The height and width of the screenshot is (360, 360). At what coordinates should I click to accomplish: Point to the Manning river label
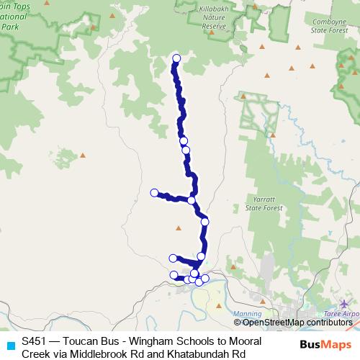tap(248, 314)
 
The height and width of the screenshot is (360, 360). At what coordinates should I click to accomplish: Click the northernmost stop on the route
tap(176, 60)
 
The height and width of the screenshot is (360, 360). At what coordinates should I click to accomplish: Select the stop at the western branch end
tap(154, 192)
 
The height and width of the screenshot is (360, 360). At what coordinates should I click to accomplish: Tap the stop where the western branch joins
tap(192, 200)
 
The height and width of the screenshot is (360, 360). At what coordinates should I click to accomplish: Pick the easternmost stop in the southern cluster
tap(205, 278)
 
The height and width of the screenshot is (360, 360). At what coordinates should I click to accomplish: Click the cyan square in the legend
tap(9, 344)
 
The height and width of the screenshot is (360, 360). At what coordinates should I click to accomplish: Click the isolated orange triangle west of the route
tap(83, 154)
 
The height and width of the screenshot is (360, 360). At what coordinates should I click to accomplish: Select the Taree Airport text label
tap(343, 315)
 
